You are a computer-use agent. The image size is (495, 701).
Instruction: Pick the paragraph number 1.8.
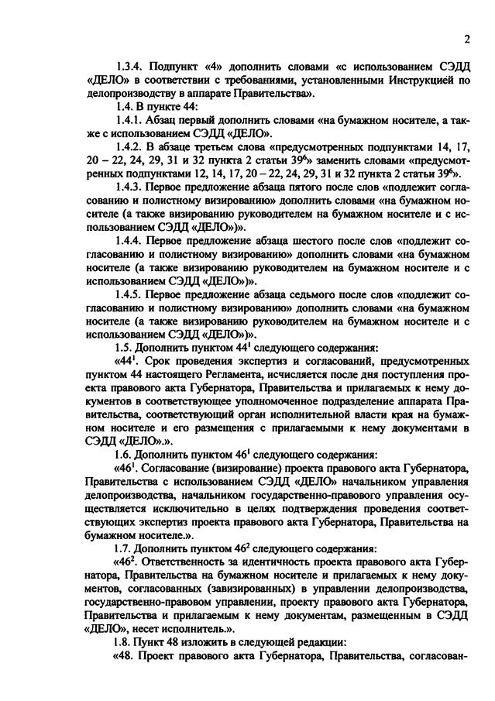[125, 642]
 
